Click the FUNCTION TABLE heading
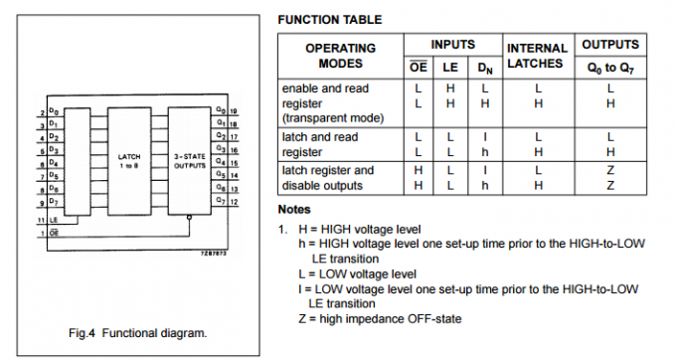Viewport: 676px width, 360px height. pyautogui.click(x=329, y=20)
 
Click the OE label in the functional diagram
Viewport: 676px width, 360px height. pyautogui.click(x=54, y=231)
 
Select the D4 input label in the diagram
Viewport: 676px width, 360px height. pyautogui.click(x=54, y=163)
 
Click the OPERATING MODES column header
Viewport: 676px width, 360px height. pyautogui.click(x=340, y=56)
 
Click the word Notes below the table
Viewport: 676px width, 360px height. pyautogui.click(x=294, y=210)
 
